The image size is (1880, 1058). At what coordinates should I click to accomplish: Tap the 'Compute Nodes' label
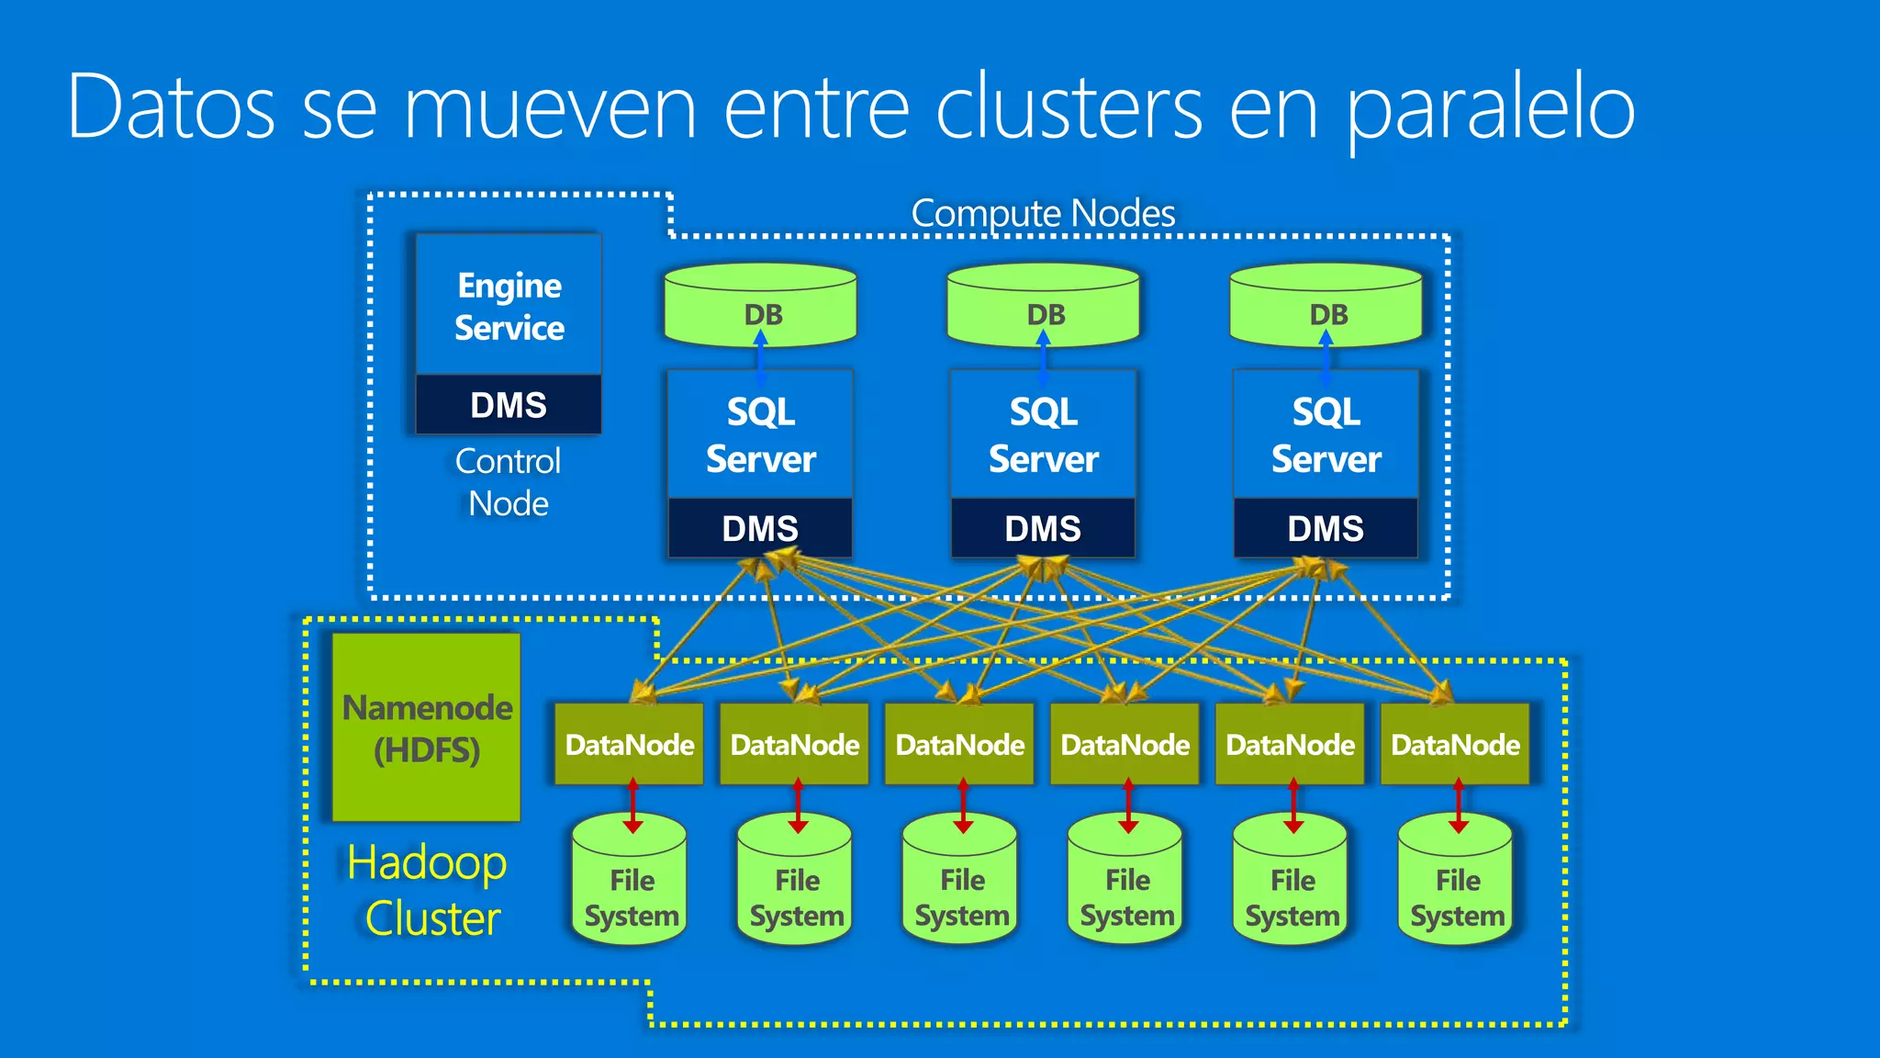coord(1043,213)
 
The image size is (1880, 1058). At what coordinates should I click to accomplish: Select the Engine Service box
coord(509,306)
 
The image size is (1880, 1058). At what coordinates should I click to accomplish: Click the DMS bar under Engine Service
coord(509,405)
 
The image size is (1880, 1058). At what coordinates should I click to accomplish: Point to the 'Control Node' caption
coord(508,482)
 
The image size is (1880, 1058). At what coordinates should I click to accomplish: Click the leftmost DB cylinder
coord(760,306)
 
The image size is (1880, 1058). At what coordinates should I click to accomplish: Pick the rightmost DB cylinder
coord(1326,306)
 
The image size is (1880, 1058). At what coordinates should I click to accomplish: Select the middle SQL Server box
coord(1043,435)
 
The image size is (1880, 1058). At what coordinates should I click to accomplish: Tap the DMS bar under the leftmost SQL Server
coord(760,529)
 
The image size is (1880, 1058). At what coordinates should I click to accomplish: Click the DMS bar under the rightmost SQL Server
coord(1326,529)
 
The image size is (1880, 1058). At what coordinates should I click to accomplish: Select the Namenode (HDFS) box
coord(427,727)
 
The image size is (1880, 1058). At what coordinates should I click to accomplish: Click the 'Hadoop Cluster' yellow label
coord(429,890)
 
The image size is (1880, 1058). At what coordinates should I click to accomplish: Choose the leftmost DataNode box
coord(630,744)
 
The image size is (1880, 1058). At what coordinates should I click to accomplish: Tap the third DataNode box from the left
coord(960,744)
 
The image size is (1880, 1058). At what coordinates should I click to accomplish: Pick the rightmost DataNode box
coord(1456,744)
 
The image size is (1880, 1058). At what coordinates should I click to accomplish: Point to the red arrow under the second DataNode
coord(798,805)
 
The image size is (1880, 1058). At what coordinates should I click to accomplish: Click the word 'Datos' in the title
coord(172,108)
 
